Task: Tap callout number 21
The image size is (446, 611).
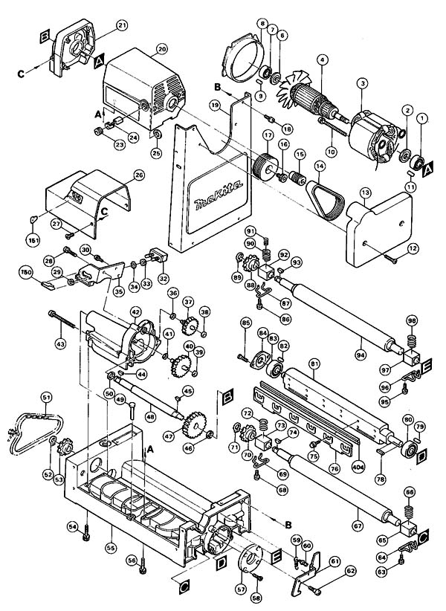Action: coord(122,25)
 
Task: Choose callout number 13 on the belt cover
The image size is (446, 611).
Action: coord(365,192)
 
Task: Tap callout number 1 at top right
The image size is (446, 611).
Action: coord(421,117)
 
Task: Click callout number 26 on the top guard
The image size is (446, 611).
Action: coord(138,175)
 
